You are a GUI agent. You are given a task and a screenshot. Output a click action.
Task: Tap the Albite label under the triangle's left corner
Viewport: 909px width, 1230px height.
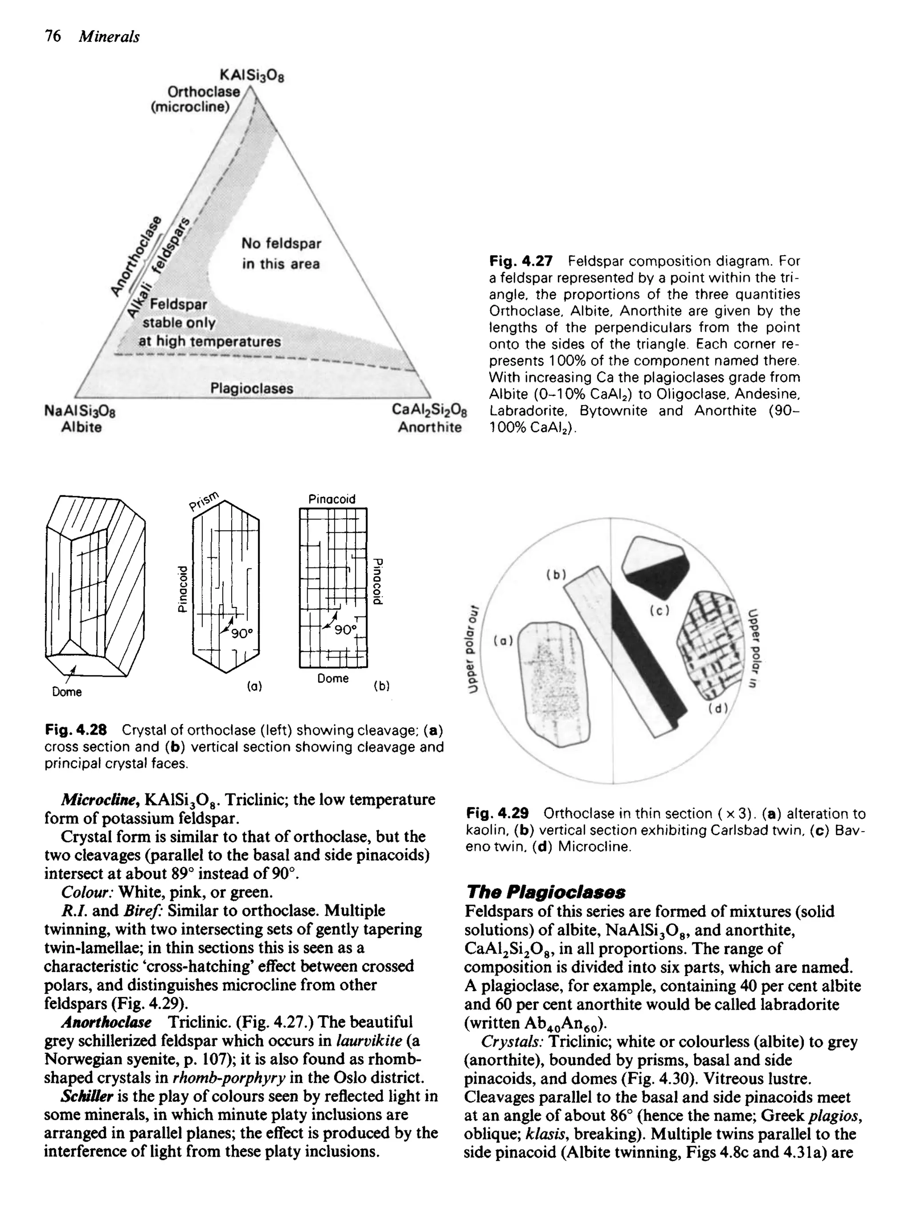click(x=81, y=427)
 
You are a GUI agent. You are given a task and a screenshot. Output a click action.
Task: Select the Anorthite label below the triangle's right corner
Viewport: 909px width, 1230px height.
click(x=430, y=427)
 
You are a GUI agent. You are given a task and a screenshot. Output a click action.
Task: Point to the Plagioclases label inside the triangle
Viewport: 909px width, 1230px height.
click(x=252, y=389)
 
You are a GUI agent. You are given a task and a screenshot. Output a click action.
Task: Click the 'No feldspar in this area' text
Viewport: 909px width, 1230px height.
click(x=281, y=253)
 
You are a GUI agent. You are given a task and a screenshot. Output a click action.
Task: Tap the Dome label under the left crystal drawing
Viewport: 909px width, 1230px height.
click(x=67, y=692)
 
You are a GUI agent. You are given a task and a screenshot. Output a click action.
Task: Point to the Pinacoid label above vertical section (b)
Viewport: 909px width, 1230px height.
click(x=332, y=499)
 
